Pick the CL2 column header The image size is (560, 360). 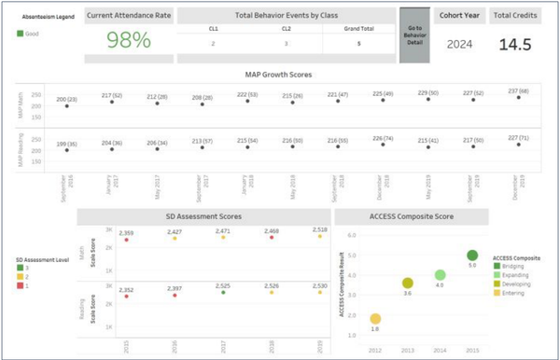coord(286,29)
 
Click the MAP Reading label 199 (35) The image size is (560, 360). coord(66,144)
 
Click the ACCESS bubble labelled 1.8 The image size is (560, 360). coord(374,319)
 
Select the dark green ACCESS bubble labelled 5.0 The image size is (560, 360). coord(472,256)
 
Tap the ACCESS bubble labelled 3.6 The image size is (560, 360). coord(407,283)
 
